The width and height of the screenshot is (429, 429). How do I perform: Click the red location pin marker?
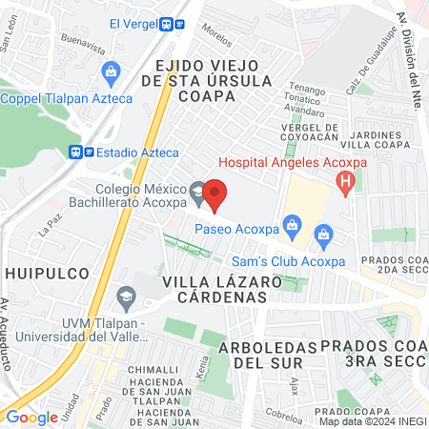coord(215,195)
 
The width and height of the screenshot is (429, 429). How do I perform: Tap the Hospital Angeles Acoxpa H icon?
coord(348,178)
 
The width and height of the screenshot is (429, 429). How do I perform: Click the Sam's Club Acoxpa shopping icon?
coord(323,235)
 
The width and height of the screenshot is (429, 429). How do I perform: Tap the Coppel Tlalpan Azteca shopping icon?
coord(112,71)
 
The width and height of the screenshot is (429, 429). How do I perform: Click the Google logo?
coord(31,417)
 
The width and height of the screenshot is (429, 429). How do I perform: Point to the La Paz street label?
coord(49,228)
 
